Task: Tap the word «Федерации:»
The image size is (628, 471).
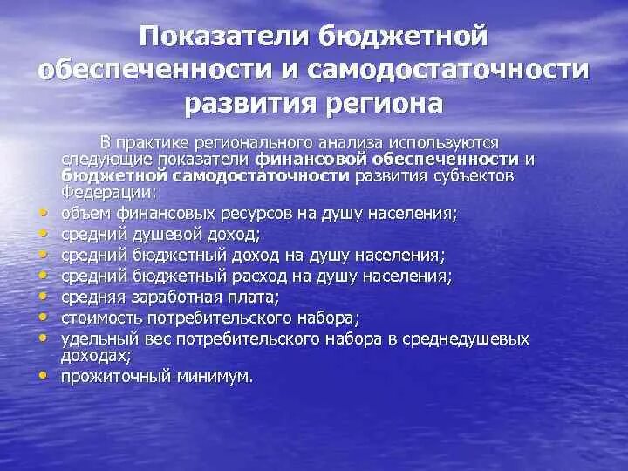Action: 97,193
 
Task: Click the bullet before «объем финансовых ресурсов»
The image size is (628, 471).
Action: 43,212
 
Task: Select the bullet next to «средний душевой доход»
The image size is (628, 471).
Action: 43,234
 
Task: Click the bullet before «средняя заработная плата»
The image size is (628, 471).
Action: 43,297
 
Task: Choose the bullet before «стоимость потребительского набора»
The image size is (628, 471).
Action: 43,317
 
